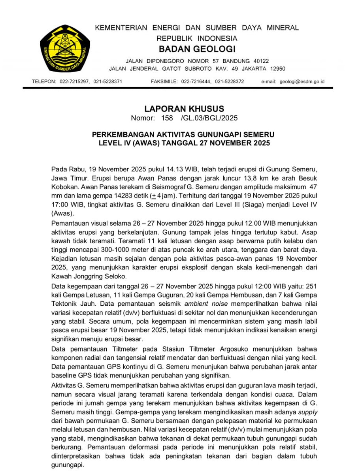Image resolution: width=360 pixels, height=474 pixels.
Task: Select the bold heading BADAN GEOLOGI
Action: [197, 49]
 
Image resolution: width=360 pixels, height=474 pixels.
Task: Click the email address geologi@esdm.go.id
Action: [302, 81]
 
